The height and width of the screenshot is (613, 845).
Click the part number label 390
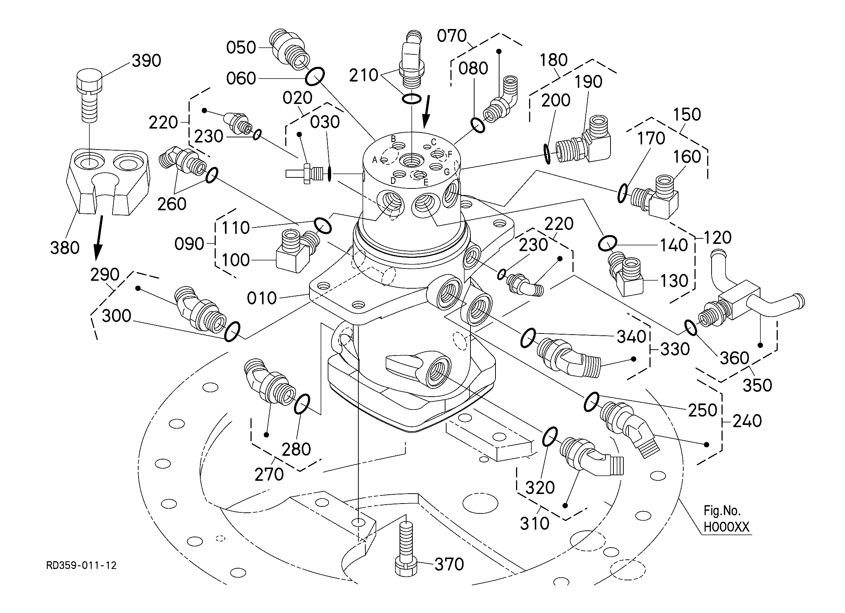[146, 61]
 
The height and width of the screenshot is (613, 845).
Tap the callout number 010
[262, 298]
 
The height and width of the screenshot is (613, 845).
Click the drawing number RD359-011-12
[81, 565]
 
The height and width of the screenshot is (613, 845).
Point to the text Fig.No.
[722, 510]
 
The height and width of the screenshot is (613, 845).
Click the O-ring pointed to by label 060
[315, 77]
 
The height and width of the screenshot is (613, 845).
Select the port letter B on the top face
[393, 139]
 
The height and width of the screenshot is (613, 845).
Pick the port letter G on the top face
[447, 172]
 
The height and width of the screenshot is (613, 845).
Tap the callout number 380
[65, 248]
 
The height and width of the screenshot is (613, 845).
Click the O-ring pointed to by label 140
[607, 244]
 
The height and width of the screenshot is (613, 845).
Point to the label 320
[540, 487]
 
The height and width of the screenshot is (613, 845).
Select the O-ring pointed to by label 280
[302, 404]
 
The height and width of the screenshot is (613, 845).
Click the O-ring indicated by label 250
[591, 402]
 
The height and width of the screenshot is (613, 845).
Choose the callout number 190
[588, 82]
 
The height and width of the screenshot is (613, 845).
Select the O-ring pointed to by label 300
[232, 332]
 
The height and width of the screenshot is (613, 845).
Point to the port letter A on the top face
[375, 160]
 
